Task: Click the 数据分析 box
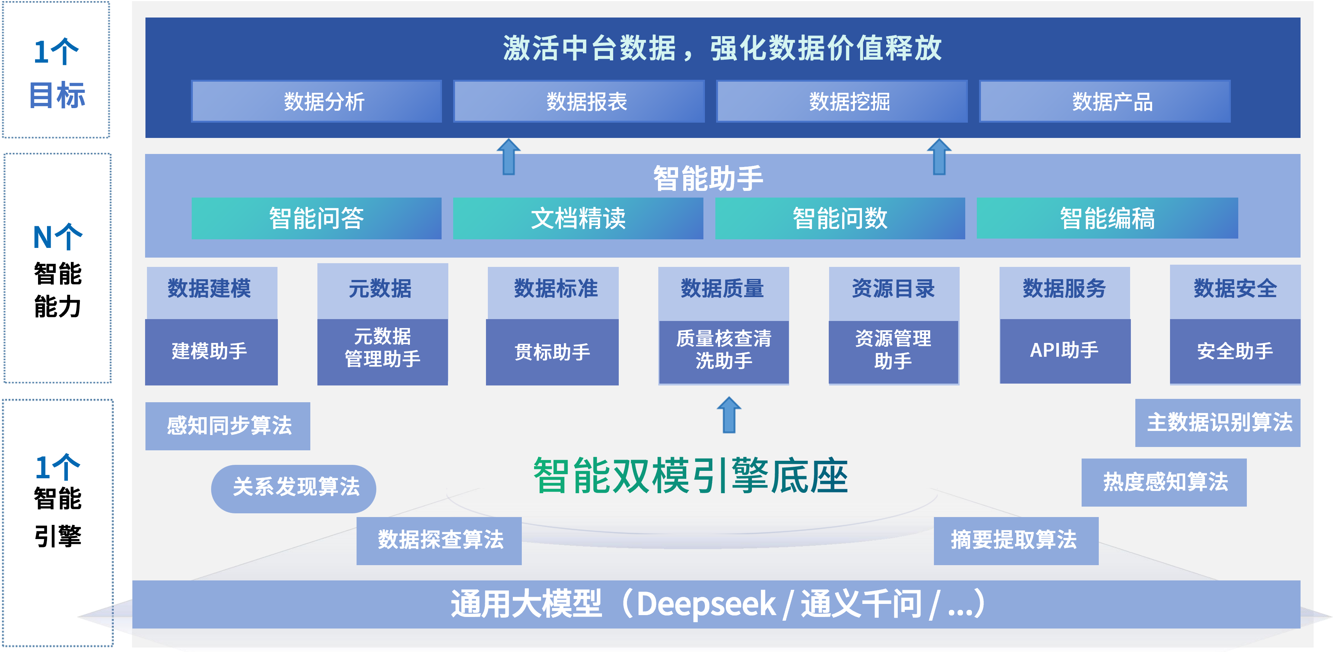[317, 101]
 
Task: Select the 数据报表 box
[579, 101]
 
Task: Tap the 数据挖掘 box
[842, 101]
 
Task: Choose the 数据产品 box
[1105, 101]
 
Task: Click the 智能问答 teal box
[316, 218]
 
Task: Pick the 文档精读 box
[578, 218]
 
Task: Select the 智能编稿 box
[1107, 218]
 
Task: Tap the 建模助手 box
[211, 352]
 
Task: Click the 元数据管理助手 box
[382, 352]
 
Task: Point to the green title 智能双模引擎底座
[690, 476]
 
